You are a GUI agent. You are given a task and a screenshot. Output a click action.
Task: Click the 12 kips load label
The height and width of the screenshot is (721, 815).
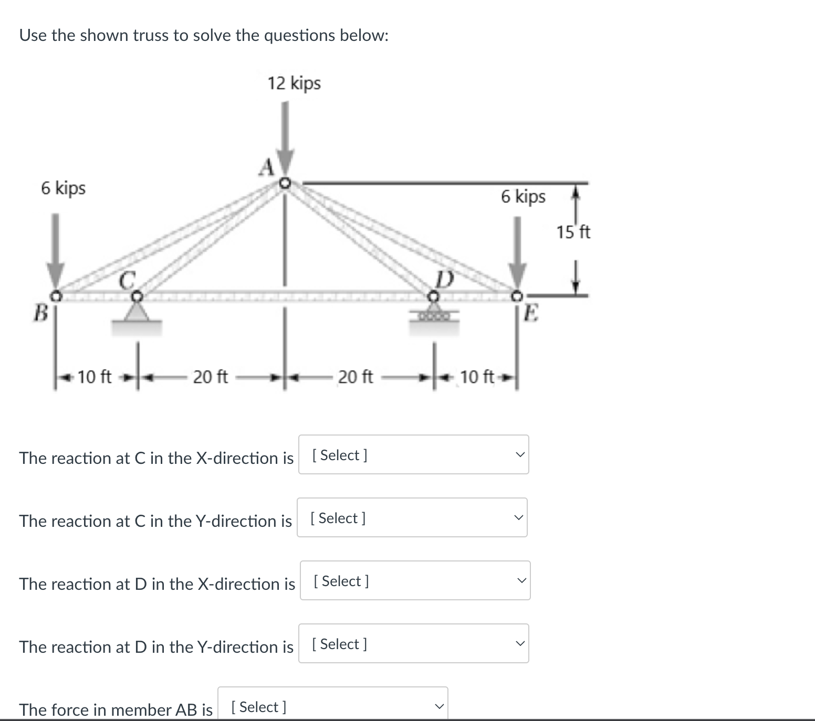click(294, 83)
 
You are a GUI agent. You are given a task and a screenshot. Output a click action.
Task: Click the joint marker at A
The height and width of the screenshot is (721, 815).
click(285, 183)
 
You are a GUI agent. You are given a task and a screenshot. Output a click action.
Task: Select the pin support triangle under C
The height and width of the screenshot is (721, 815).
click(137, 313)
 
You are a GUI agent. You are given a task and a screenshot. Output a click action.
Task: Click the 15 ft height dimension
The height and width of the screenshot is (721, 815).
click(573, 232)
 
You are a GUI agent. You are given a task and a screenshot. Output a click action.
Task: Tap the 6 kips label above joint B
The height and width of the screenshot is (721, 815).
click(64, 188)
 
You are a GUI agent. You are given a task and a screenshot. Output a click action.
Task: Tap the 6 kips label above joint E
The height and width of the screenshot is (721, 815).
click(523, 197)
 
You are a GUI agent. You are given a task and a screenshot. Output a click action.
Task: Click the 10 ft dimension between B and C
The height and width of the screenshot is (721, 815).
click(95, 377)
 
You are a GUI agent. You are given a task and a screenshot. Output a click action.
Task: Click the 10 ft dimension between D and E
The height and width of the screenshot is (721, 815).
click(477, 377)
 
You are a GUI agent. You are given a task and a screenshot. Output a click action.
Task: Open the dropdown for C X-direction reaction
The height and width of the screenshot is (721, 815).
click(414, 454)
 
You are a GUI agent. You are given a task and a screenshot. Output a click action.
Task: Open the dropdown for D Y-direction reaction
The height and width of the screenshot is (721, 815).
click(414, 643)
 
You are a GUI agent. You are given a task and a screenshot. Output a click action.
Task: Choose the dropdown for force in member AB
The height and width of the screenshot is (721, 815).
click(333, 706)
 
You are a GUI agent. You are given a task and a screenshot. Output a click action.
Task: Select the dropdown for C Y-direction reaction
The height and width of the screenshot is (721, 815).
click(412, 517)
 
